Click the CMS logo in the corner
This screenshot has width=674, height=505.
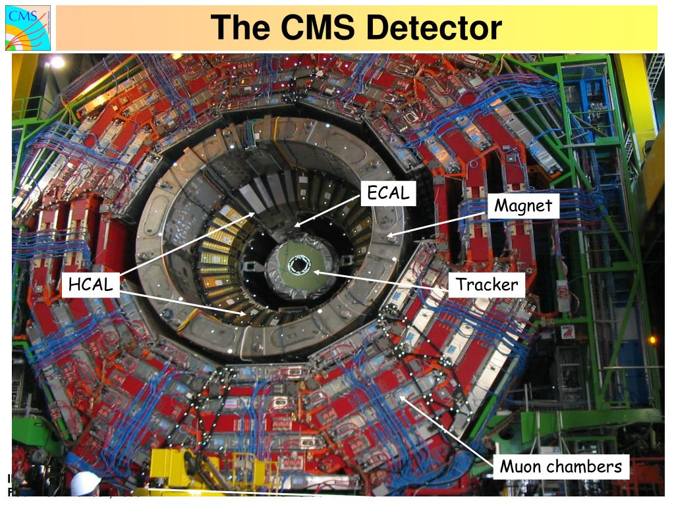28,28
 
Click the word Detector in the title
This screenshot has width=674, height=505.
434,28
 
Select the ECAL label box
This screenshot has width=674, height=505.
388,193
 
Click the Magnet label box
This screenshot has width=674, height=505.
524,205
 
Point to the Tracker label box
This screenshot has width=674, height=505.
488,285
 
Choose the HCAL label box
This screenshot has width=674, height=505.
90,285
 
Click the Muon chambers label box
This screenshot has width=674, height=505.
561,467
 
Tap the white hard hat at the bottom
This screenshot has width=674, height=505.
85,484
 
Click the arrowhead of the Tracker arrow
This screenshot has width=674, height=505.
316,271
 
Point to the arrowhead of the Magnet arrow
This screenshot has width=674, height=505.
389,234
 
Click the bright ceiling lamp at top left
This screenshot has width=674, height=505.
57,62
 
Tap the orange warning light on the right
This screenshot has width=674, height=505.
652,340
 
